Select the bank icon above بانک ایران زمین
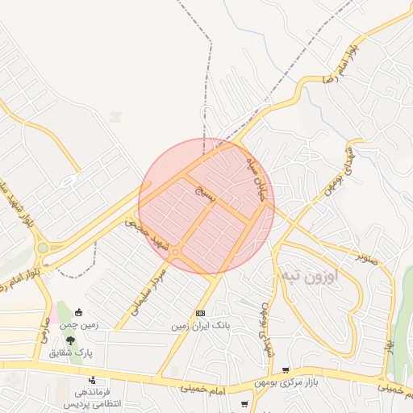pyautogui.click(x=200, y=314)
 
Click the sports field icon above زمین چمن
pyautogui.click(x=78, y=313)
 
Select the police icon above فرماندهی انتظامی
pyautogui.click(x=93, y=379)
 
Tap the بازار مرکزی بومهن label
pyautogui.click(x=286, y=382)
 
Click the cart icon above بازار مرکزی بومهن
pyautogui.click(x=285, y=370)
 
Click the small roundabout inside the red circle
pyautogui.click(x=175, y=252)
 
